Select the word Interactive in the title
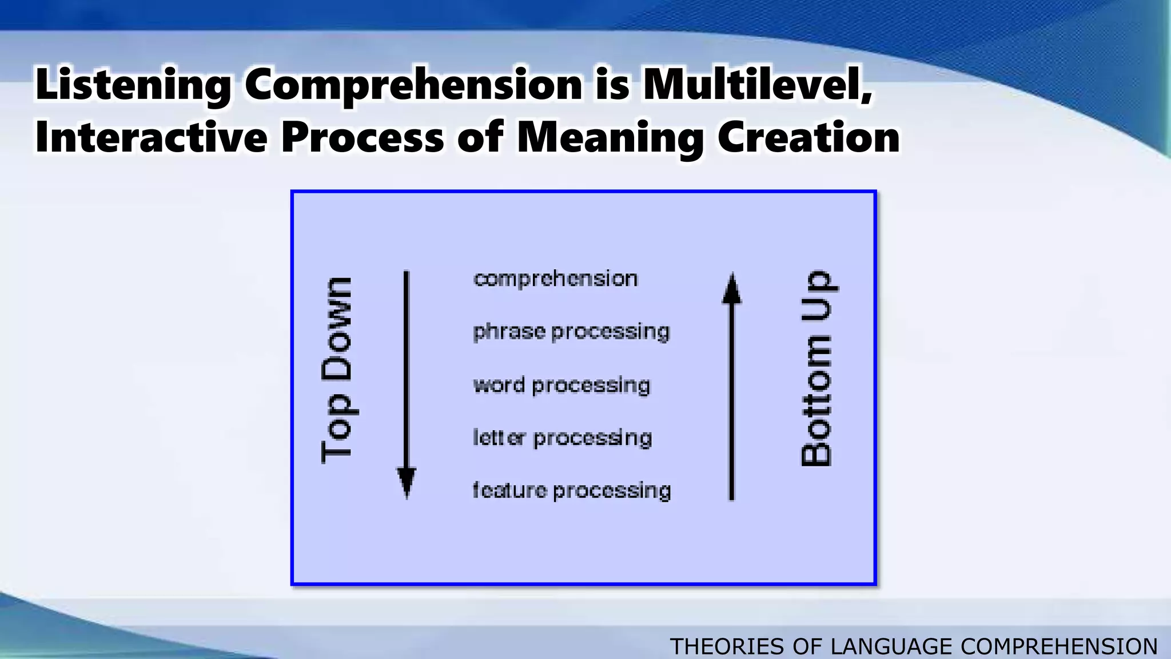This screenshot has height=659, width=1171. pyautogui.click(x=151, y=137)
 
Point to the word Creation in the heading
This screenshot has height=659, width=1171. pyautogui.click(x=808, y=137)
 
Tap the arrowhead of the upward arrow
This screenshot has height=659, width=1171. pyautogui.click(x=732, y=288)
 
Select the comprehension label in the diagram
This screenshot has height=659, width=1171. pyautogui.click(x=555, y=279)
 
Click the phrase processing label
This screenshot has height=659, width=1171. pyautogui.click(x=571, y=332)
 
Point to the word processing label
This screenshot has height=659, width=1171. pyautogui.click(x=561, y=385)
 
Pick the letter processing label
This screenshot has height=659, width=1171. pyautogui.click(x=562, y=438)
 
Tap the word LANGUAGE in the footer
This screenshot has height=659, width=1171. pyautogui.click(x=892, y=647)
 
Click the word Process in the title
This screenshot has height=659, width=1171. pyautogui.click(x=362, y=137)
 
